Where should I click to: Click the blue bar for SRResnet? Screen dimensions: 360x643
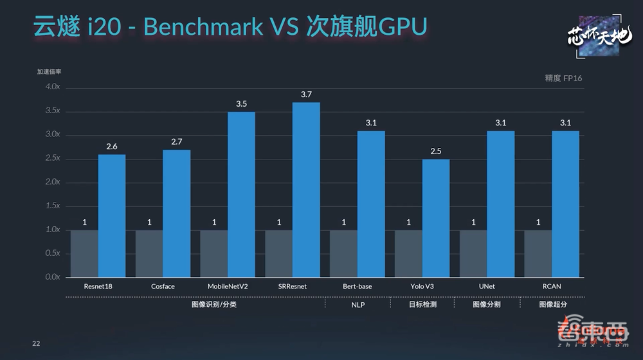click(306, 190)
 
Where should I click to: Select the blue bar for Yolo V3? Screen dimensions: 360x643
click(436, 218)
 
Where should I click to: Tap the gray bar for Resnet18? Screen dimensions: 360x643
click(84, 253)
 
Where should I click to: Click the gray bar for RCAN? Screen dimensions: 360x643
click(538, 253)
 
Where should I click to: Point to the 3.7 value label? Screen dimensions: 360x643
click(306, 94)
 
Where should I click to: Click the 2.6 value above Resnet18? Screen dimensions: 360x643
click(112, 147)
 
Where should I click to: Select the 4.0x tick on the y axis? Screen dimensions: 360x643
click(53, 87)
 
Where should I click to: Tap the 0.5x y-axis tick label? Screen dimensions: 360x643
click(53, 253)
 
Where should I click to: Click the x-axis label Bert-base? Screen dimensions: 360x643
click(358, 286)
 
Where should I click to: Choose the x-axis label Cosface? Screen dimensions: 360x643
click(163, 286)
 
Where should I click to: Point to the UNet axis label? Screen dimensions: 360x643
click(487, 286)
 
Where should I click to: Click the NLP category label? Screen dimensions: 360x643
click(358, 305)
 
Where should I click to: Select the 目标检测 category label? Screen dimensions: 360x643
click(422, 305)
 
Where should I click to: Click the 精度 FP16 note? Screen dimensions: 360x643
click(563, 78)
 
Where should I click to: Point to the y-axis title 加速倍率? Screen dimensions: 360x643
click(49, 72)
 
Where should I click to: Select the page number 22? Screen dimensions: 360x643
click(36, 344)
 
